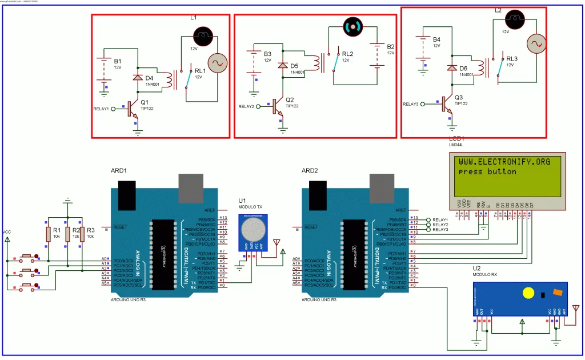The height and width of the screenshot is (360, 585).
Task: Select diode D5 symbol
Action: pyautogui.click(x=282, y=65)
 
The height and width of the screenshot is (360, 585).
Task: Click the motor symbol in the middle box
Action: pyautogui.click(x=352, y=26)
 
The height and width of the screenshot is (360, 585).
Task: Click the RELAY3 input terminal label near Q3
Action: pyautogui.click(x=411, y=104)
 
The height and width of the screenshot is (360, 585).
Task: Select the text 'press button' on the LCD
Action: pyautogui.click(x=487, y=171)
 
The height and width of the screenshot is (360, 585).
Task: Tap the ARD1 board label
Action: pyautogui.click(x=118, y=171)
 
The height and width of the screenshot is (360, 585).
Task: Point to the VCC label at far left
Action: pyautogui.click(x=7, y=232)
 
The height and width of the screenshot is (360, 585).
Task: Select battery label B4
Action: pyautogui.click(x=437, y=39)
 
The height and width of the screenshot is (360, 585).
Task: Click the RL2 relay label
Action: pyautogui.click(x=347, y=54)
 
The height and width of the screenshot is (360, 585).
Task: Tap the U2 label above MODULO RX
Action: pyautogui.click(x=476, y=268)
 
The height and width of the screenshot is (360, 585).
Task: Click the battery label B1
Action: pyautogui.click(x=118, y=61)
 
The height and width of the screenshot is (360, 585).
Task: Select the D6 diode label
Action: pyautogui.click(x=464, y=68)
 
